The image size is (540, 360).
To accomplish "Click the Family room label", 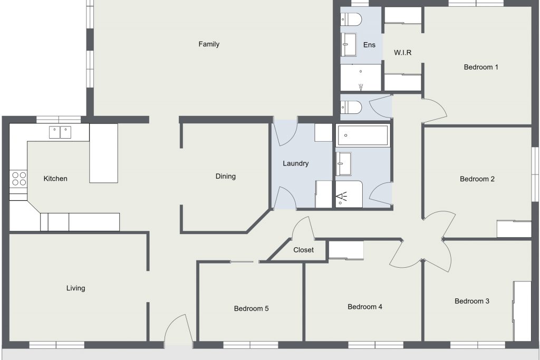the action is pyautogui.click(x=209, y=44).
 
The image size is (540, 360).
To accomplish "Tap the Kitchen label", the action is pyautogui.click(x=55, y=178).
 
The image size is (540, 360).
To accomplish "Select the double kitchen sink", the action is pyautogui.click(x=60, y=132).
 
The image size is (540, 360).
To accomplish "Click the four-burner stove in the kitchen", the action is pyautogui.click(x=18, y=179).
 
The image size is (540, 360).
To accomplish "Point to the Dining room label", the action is pyautogui.click(x=226, y=176).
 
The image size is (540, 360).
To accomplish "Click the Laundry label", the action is pyautogui.click(x=295, y=163).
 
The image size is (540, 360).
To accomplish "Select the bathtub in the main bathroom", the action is pyautogui.click(x=363, y=135).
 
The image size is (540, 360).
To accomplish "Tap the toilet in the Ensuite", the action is pyautogui.click(x=351, y=20).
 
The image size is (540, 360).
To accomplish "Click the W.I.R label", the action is pyautogui.click(x=402, y=53).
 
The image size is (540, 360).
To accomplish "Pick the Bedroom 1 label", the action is pyautogui.click(x=481, y=67).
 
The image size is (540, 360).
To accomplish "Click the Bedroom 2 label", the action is pyautogui.click(x=477, y=179).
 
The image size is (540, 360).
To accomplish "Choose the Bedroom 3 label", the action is pyautogui.click(x=472, y=301).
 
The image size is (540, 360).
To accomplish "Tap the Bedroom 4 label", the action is pyautogui.click(x=365, y=307).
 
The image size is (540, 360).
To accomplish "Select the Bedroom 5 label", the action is pyautogui.click(x=251, y=308).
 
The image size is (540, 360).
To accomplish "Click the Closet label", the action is pyautogui.click(x=303, y=250).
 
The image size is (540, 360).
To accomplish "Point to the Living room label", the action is pyautogui.click(x=76, y=288).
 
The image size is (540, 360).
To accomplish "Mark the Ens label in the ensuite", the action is pyautogui.click(x=369, y=45).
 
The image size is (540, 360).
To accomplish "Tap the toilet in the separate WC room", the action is pyautogui.click(x=351, y=108).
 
